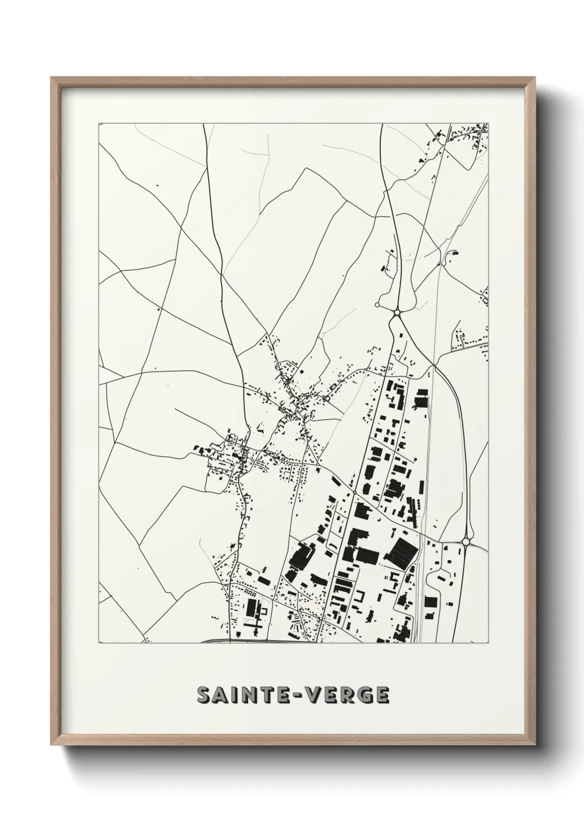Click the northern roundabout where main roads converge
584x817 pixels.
[x=397, y=313]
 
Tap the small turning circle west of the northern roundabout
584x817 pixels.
[x=378, y=304]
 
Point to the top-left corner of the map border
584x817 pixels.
[x=99, y=124]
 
